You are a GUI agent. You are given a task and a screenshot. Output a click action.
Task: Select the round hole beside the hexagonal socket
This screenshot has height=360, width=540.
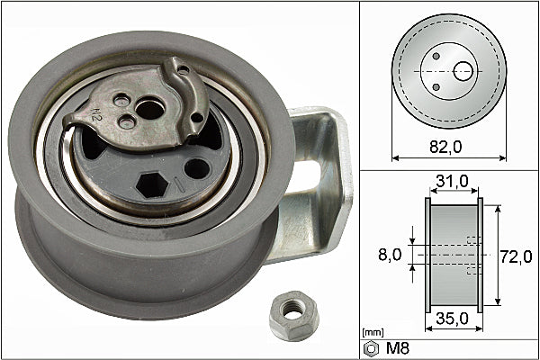(x=197, y=166)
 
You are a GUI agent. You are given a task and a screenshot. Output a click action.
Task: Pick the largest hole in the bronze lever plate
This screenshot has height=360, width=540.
(x=152, y=110)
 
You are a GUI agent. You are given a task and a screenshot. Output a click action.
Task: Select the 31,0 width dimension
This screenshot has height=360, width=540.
(x=453, y=181)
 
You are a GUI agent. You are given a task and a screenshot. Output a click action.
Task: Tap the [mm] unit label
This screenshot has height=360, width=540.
(x=371, y=333)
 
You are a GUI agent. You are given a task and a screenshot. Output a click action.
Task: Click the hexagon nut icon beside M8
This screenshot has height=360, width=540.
(x=370, y=347)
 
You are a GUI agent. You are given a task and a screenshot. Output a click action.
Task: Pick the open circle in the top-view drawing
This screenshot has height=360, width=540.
(x=463, y=70)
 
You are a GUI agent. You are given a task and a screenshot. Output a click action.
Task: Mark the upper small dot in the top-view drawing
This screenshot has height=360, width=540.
(x=436, y=56)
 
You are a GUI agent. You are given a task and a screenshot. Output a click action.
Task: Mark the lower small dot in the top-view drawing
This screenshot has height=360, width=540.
(x=436, y=86)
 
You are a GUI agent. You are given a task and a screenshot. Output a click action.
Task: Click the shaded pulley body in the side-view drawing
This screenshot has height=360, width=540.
(x=453, y=256)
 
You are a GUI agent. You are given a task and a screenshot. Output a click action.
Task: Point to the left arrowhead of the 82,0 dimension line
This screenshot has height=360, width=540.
(x=395, y=157)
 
